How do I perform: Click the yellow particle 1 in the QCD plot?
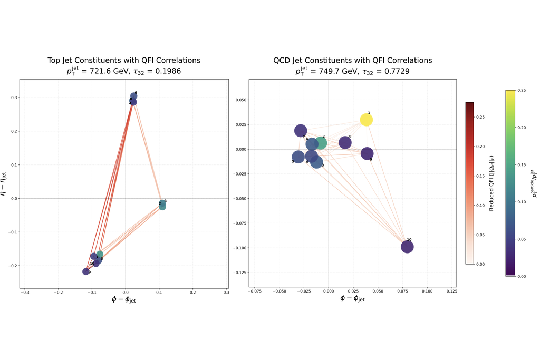[x=367, y=120]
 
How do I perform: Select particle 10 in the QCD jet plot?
[x=407, y=247]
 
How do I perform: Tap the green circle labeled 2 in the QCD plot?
[x=320, y=143]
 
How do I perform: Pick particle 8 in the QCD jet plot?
[x=345, y=142]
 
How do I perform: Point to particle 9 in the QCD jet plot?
[x=367, y=153]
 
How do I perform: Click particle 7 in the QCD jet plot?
[x=301, y=131]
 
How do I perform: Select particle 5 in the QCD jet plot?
[x=298, y=157]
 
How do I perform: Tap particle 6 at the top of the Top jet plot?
[x=134, y=96]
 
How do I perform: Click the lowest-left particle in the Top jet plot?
[x=86, y=271]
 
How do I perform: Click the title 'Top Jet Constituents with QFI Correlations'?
[x=124, y=61]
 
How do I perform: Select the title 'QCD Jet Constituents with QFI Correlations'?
[x=352, y=61]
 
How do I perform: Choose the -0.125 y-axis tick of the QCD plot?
[x=237, y=273]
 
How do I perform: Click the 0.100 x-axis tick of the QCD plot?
[x=427, y=290]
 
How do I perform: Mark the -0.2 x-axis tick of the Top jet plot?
[x=59, y=292]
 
